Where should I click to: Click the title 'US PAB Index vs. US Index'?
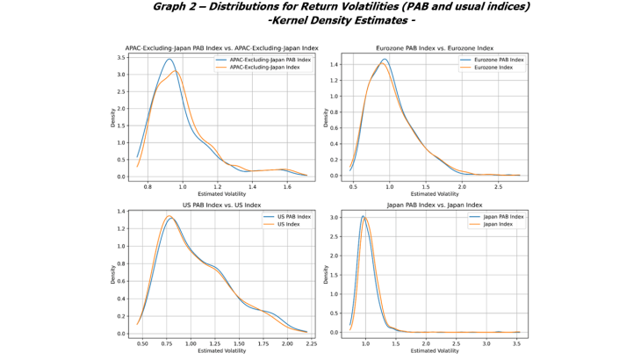tap(222, 205)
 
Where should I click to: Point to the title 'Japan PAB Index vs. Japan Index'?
tap(435, 205)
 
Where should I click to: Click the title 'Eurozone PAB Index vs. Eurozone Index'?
tap(435, 47)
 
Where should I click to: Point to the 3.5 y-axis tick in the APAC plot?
tap(120, 57)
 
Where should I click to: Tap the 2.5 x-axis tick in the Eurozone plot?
tap(498, 186)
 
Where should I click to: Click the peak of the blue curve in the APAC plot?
tap(169, 59)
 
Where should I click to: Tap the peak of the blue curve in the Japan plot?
tap(363, 216)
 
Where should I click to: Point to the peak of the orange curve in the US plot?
tap(169, 216)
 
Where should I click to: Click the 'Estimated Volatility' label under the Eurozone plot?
tap(435, 193)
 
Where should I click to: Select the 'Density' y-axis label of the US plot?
tap(112, 274)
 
